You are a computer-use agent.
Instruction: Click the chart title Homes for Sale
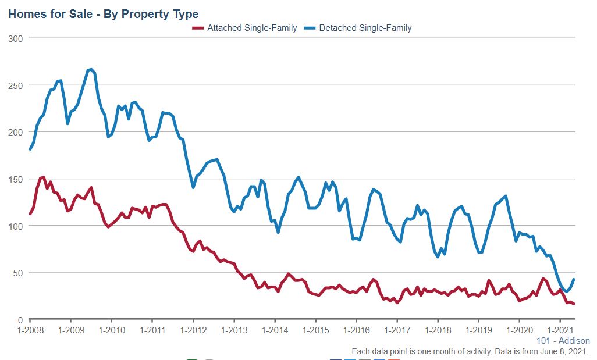coord(103,14)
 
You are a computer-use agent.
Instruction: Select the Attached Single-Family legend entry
coord(252,28)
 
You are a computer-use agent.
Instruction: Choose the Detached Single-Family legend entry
coord(366,28)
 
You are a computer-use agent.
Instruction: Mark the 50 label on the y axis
coord(18,273)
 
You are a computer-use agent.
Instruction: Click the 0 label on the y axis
coord(20,320)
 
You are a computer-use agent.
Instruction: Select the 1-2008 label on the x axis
coord(30,330)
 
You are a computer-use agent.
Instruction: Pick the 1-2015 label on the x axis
coord(315,330)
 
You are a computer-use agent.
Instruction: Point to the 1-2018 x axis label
coord(437,330)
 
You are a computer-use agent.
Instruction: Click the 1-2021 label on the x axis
coord(559,330)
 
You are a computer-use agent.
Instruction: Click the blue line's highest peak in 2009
coord(91,69)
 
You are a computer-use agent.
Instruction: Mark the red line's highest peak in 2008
coord(44,177)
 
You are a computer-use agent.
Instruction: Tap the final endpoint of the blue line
coord(574,279)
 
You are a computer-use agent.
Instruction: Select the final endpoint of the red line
coord(574,304)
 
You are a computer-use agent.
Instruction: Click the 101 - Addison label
coord(562,341)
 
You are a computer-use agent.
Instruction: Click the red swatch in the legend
coord(198,28)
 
